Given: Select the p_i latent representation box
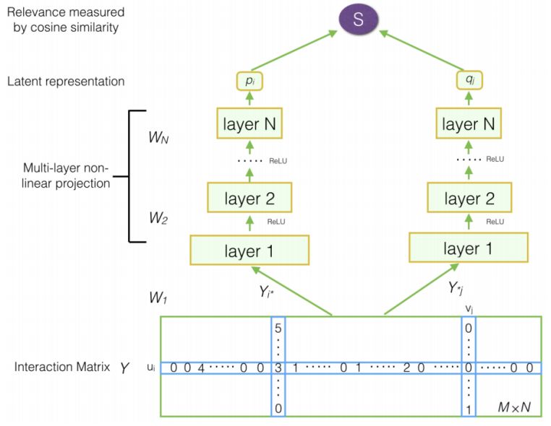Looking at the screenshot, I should coord(248,82).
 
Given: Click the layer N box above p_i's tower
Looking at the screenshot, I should coord(248,125).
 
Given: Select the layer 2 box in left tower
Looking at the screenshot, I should coord(248,196).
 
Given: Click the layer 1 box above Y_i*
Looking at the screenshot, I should coord(249,250).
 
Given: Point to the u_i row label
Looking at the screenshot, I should coord(150,368).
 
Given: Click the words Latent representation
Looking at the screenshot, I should coord(66,82).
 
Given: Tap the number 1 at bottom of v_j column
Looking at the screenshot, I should coord(470,409).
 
